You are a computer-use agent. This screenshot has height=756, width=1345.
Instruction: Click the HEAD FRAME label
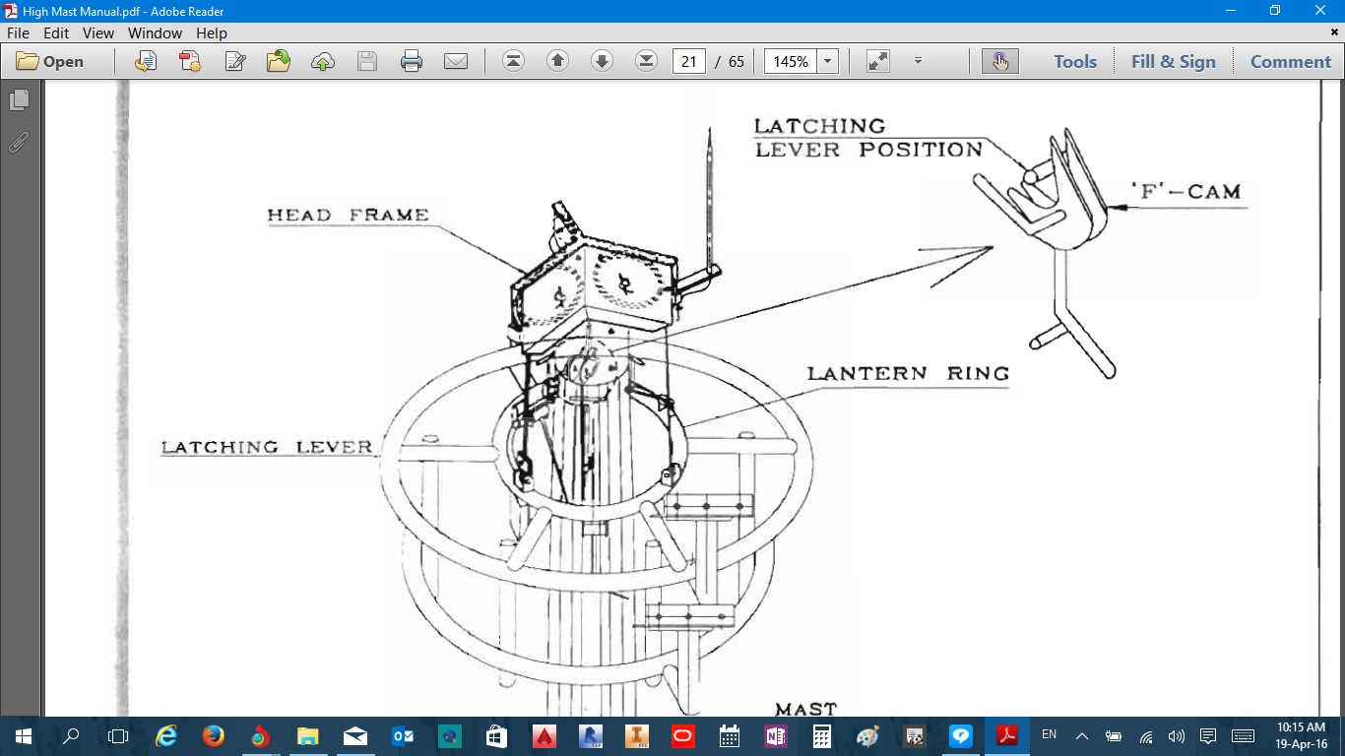(x=348, y=215)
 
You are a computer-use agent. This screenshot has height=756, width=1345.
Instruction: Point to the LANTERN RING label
(x=908, y=373)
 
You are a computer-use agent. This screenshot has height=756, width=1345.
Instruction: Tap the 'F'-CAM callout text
(x=1185, y=191)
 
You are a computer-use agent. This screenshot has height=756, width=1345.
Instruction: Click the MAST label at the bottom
(x=805, y=709)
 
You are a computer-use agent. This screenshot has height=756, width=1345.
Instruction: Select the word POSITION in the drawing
(x=921, y=149)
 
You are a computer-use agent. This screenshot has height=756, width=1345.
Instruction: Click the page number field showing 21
(x=688, y=61)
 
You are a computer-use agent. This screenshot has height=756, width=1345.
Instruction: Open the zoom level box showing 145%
(x=791, y=61)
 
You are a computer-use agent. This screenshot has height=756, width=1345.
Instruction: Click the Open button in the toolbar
(x=50, y=61)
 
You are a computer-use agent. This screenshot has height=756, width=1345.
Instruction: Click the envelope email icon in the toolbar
(x=456, y=61)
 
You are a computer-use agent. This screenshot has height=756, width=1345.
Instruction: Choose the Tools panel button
(x=1075, y=61)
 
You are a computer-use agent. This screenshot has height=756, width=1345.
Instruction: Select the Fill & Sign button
(x=1174, y=61)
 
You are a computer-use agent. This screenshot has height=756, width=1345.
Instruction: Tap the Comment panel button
(x=1291, y=61)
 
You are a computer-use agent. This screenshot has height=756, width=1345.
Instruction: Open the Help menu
(x=212, y=33)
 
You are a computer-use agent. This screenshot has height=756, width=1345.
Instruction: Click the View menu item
(x=97, y=33)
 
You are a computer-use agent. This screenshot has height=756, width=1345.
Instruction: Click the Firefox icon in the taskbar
(x=213, y=735)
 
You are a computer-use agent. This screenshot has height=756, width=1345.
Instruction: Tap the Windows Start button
(x=23, y=736)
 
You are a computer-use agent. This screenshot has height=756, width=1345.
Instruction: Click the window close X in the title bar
(x=1319, y=10)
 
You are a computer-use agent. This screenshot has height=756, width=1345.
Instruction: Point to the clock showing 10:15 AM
(x=1301, y=727)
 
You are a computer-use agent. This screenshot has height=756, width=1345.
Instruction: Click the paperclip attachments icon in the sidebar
(x=19, y=143)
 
